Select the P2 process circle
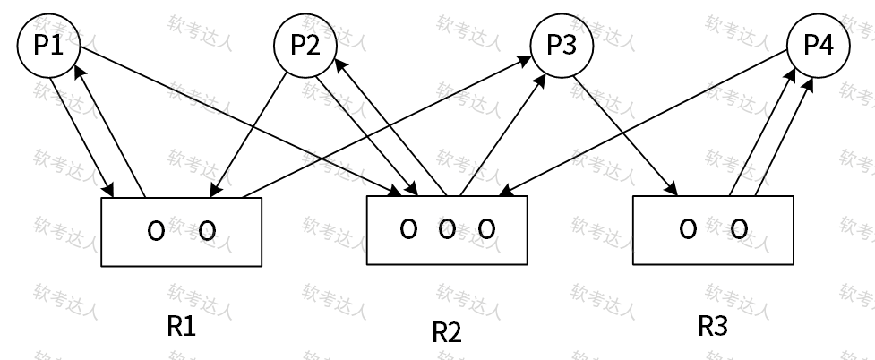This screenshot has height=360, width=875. (x=306, y=46)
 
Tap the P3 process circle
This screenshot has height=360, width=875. (x=562, y=46)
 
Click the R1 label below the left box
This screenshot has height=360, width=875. (x=182, y=327)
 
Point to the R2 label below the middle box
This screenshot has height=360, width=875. (x=447, y=332)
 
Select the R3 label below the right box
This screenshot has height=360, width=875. (x=713, y=326)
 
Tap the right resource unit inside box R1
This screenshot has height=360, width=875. (x=206, y=231)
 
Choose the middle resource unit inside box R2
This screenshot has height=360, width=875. (x=448, y=229)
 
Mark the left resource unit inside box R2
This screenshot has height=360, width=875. (x=408, y=229)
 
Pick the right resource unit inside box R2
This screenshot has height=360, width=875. (x=486, y=229)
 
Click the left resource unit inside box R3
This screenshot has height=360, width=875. (x=688, y=229)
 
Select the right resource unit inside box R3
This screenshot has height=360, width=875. (x=739, y=229)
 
